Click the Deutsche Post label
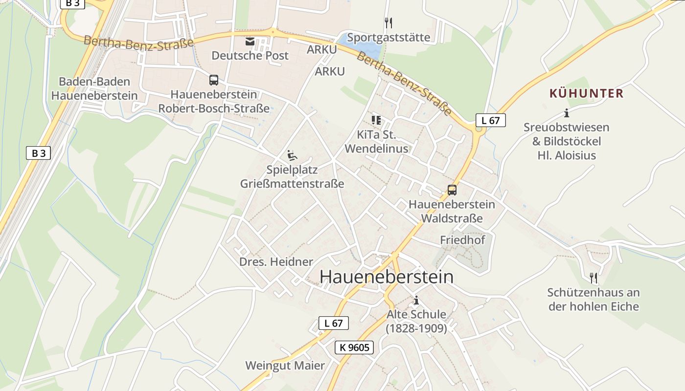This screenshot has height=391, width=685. pyautogui.click(x=250, y=56)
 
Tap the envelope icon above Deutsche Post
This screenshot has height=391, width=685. pyautogui.click(x=250, y=42)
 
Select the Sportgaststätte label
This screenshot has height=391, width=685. pyautogui.click(x=388, y=38)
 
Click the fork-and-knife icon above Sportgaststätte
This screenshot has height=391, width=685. pyautogui.click(x=388, y=22)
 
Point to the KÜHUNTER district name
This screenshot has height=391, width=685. pyautogui.click(x=586, y=93)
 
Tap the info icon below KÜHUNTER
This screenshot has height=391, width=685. pyautogui.click(x=567, y=113)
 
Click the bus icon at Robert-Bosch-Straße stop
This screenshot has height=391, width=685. pyautogui.click(x=214, y=80)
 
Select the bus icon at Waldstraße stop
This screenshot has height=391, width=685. pyautogui.click(x=452, y=190)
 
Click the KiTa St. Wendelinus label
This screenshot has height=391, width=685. pyautogui.click(x=376, y=142)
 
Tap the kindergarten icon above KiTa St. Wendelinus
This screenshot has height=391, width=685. pyautogui.click(x=376, y=120)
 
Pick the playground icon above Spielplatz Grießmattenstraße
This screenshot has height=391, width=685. pyautogui.click(x=292, y=155)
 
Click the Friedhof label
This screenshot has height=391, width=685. pyautogui.click(x=462, y=240)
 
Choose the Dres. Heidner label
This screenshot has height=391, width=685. pyautogui.click(x=276, y=262)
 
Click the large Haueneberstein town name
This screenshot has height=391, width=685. pyautogui.click(x=386, y=277)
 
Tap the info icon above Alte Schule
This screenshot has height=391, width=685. pyautogui.click(x=416, y=300)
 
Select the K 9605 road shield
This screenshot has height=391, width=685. pyautogui.click(x=354, y=348)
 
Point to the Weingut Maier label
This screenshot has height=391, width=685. pyautogui.click(x=285, y=366)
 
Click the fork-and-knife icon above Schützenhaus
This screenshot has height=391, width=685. pyautogui.click(x=594, y=278)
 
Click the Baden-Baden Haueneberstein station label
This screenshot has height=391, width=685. pyautogui.click(x=94, y=88)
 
